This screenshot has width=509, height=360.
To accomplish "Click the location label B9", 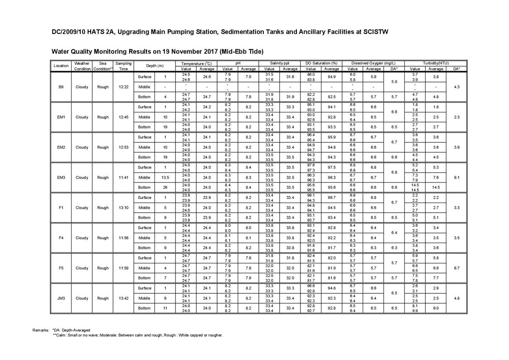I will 61,87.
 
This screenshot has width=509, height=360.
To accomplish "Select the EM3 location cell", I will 61,177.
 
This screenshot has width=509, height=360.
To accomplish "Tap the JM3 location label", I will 61,298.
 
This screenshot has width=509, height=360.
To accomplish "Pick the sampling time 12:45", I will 123,117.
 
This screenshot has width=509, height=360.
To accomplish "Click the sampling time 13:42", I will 123,298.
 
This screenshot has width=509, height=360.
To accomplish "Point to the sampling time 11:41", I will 123,177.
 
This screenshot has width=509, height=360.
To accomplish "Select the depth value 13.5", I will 165,177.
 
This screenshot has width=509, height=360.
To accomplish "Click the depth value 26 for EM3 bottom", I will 165,187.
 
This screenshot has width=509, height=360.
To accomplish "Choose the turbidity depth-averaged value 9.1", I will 456,177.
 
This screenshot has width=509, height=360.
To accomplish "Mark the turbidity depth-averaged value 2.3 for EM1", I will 456,117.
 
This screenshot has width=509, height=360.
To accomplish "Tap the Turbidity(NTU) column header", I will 436,63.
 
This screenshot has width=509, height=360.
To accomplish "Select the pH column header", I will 238,63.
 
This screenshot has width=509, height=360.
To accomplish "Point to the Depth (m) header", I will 155,66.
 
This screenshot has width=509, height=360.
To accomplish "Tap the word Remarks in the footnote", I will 41,330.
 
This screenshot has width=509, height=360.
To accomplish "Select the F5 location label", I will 61,268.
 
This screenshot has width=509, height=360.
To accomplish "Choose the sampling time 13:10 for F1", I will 123,208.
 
